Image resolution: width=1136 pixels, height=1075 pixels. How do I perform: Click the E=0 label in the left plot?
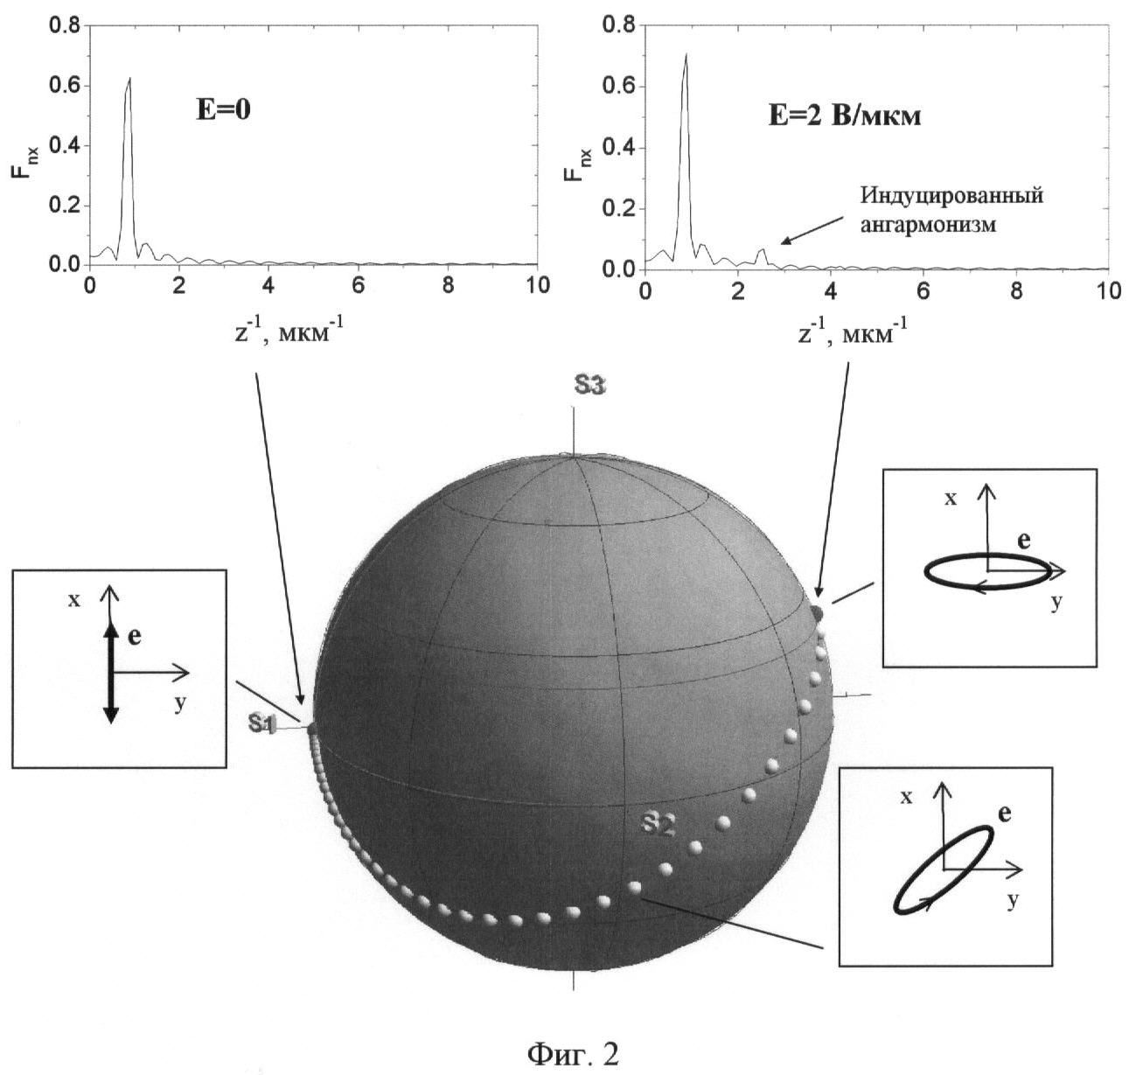[224, 110]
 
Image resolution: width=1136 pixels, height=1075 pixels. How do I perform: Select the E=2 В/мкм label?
[844, 116]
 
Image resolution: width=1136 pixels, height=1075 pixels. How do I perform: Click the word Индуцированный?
[951, 197]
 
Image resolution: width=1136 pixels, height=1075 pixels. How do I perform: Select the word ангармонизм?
[928, 225]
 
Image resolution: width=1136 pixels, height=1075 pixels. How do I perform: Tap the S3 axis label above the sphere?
[589, 385]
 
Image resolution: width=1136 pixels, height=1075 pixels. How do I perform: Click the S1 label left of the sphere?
[262, 723]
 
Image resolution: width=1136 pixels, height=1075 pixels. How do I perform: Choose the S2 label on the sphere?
[658, 826]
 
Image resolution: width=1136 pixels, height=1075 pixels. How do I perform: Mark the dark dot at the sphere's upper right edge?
[817, 614]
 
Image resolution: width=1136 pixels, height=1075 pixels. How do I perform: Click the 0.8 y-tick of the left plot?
[64, 25]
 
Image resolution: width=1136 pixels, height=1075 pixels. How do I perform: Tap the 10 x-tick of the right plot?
[1107, 290]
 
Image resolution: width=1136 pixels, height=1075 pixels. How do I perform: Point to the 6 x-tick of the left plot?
[359, 286]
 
